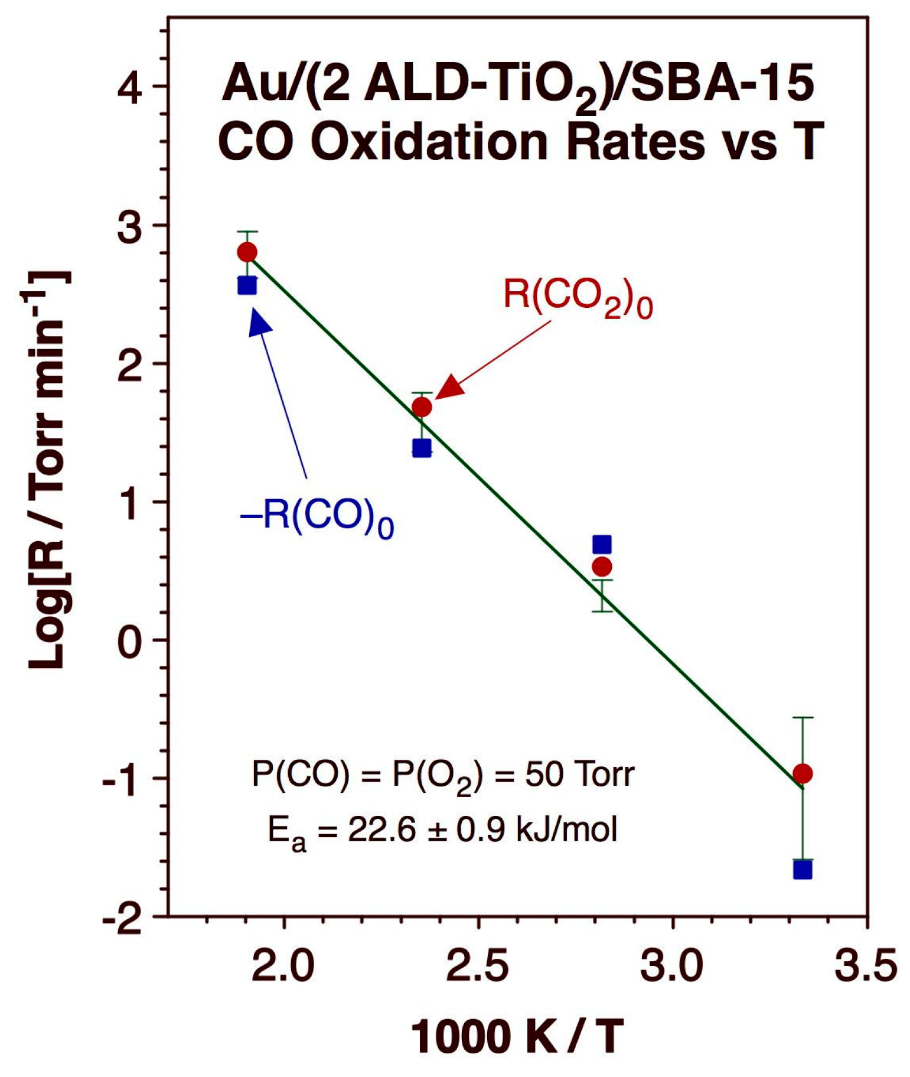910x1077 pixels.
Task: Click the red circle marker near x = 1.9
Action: (247, 252)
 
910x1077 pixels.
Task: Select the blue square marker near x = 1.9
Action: (247, 285)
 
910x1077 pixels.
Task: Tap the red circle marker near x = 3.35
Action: (803, 773)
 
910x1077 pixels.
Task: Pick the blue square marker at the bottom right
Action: (803, 870)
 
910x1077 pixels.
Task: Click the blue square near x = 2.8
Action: (602, 544)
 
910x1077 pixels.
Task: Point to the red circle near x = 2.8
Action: (602, 567)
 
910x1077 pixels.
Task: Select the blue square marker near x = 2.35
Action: (422, 448)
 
